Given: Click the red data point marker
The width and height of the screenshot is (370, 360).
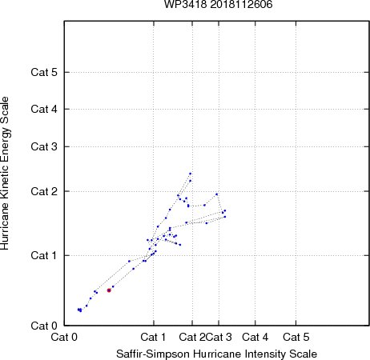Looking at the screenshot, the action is pos(109,290).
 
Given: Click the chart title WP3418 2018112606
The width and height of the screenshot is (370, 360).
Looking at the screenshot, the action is pos(219,5).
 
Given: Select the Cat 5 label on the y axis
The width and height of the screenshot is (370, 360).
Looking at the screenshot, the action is pos(44,72).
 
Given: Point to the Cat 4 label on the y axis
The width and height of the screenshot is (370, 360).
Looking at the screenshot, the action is pos(44,109).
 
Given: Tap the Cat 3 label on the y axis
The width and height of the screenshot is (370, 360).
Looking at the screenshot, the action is pos(44,146).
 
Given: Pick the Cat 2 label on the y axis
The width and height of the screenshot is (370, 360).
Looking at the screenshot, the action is pos(44,191).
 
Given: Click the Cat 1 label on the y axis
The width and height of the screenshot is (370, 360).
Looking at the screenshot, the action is pos(44,255).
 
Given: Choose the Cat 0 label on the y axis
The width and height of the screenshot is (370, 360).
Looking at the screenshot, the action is pos(44,326).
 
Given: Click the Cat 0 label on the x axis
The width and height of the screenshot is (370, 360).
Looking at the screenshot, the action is pos(64,338).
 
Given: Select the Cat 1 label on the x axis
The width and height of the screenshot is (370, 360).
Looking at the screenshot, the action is pos(153,338).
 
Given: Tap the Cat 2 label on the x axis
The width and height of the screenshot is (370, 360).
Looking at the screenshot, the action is pos(192,338).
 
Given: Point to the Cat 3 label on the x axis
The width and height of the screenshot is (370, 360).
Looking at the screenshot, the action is pos(219,338).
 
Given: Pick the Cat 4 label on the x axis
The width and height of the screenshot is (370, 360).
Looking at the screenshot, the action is pos(255,338).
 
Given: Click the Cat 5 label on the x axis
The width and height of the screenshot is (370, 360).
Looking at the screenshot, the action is pos(296,338).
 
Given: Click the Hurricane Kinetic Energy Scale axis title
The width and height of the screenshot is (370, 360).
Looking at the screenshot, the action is pos(5,174).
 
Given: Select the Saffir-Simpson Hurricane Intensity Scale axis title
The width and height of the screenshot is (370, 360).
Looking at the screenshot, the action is pos(217,354).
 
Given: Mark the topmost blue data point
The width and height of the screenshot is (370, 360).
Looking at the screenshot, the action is pos(191,174).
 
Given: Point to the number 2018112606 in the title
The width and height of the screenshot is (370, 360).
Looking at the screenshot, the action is pos(241,5).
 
